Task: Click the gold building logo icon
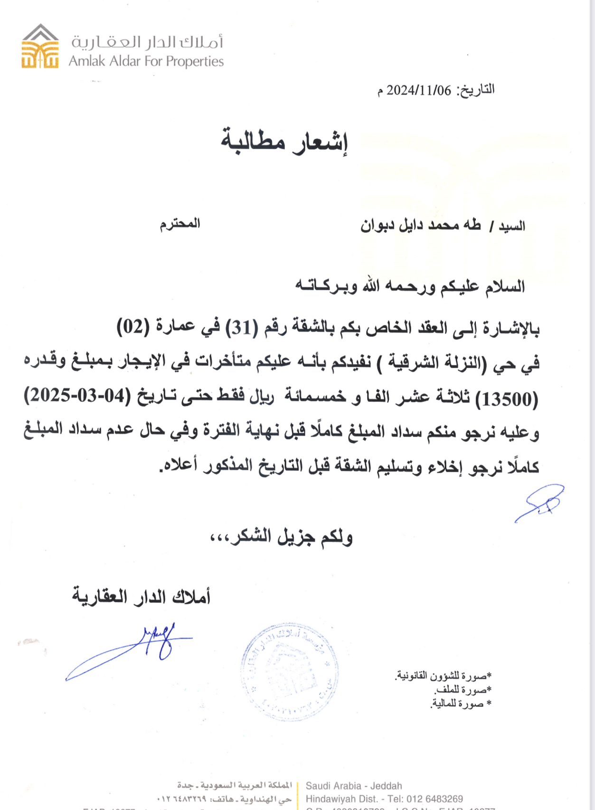coord(40,47)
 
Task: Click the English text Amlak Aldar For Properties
coord(146,61)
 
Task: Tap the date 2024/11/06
coord(418,90)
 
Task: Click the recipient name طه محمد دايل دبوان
coord(420,225)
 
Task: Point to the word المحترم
coord(179,223)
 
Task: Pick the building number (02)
coord(133,327)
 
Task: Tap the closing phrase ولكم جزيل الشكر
coord(281,537)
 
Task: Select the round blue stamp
coord(289,670)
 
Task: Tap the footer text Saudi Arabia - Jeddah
coord(354,786)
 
